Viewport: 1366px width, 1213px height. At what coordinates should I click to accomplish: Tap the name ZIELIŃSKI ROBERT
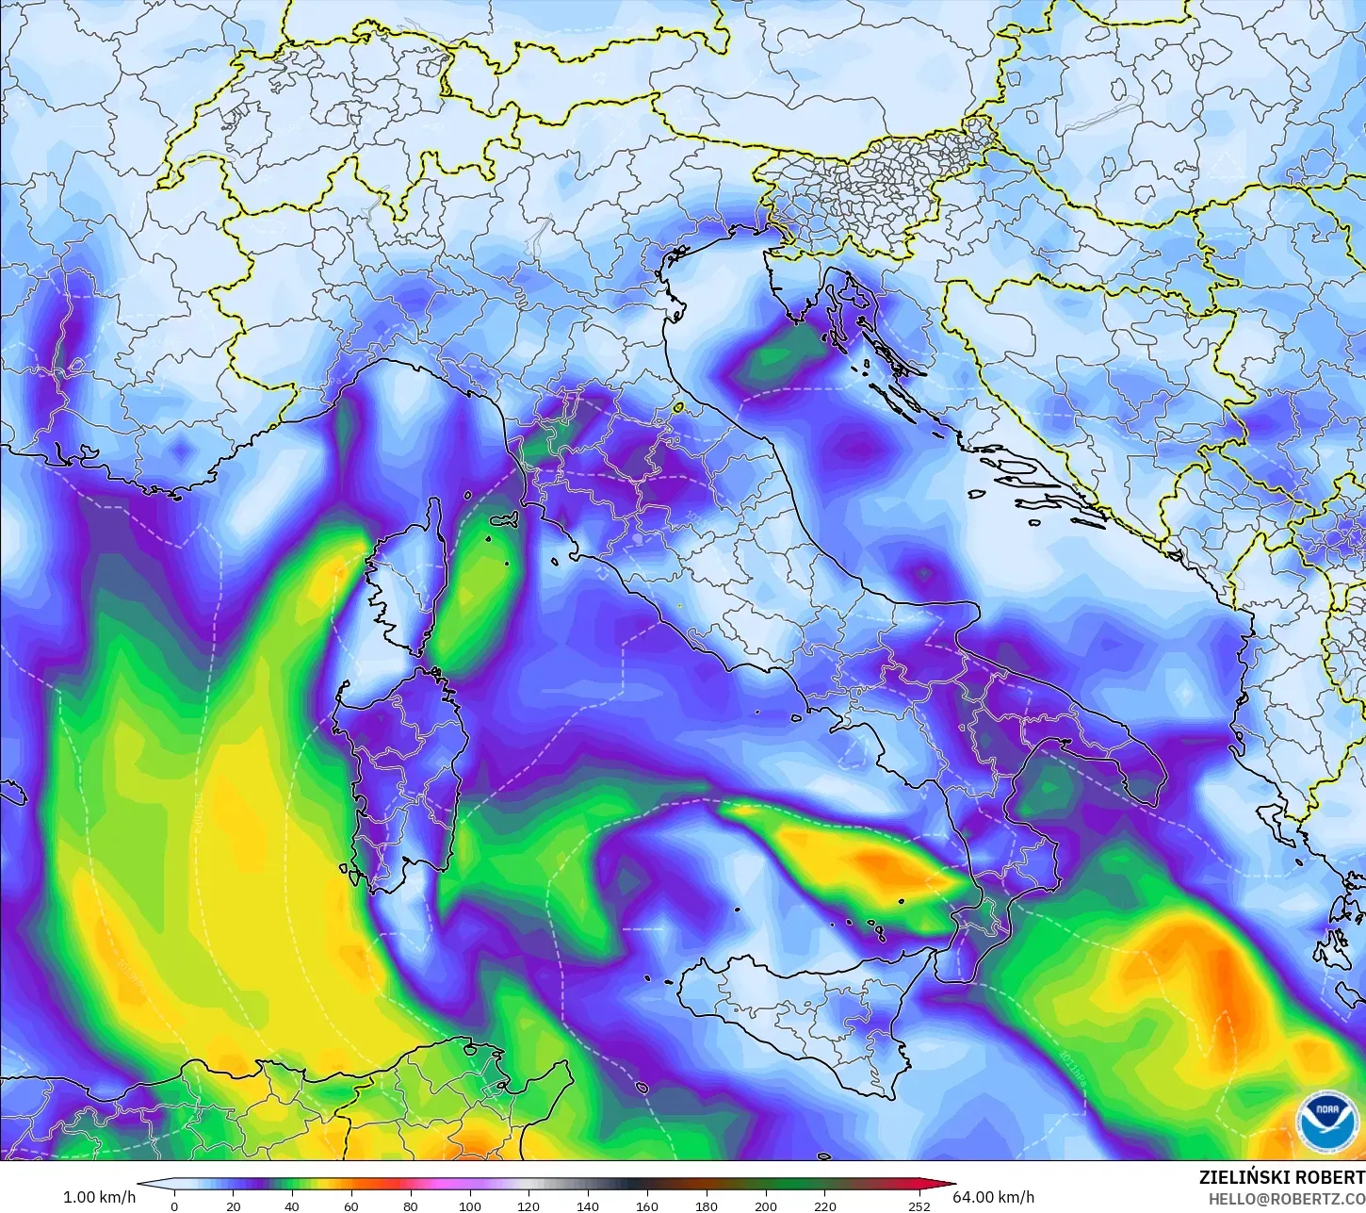(x=1281, y=1177)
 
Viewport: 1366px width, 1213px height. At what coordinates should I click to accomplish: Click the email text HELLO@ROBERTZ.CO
(x=1287, y=1198)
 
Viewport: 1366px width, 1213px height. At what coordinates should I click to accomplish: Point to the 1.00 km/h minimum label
(x=99, y=1197)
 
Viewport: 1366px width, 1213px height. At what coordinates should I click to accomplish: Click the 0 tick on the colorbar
(x=173, y=1205)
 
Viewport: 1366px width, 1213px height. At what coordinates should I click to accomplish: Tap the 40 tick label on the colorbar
(x=292, y=1205)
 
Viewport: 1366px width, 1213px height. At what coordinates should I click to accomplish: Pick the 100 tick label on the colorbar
(x=469, y=1205)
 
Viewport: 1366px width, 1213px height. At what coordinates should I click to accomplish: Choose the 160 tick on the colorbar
(x=647, y=1205)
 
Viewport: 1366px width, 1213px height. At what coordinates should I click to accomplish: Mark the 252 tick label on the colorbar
(x=919, y=1205)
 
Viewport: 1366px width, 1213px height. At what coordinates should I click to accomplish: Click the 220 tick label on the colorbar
(x=824, y=1205)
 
